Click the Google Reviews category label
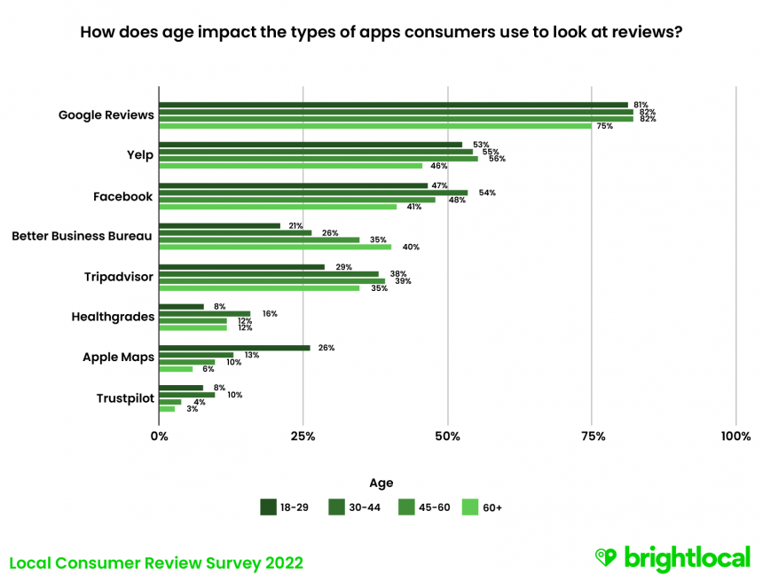(106, 114)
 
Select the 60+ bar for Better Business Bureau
(275, 247)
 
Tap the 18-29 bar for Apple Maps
(235, 348)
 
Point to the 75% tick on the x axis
(593, 436)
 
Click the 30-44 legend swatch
(337, 507)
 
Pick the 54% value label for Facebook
(487, 193)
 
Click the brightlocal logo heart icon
(606, 557)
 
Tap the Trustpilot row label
(124, 398)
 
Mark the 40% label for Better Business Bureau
(411, 247)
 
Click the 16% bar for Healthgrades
(205, 313)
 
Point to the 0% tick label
(160, 436)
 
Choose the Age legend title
(381, 483)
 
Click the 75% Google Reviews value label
(604, 126)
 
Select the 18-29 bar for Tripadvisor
(242, 266)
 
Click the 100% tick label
(735, 436)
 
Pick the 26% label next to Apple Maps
(326, 348)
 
